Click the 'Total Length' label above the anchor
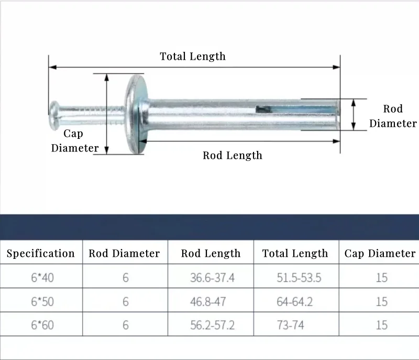click(x=193, y=57)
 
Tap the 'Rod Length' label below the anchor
click(x=233, y=156)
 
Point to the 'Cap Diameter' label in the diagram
click(x=74, y=141)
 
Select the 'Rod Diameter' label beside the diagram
click(x=393, y=116)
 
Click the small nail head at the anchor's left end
click(x=54, y=115)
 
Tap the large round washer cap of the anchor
click(x=137, y=114)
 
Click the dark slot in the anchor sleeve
click(x=263, y=109)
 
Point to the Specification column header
click(x=41, y=254)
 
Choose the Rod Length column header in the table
click(x=211, y=254)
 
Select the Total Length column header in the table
click(x=295, y=254)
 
